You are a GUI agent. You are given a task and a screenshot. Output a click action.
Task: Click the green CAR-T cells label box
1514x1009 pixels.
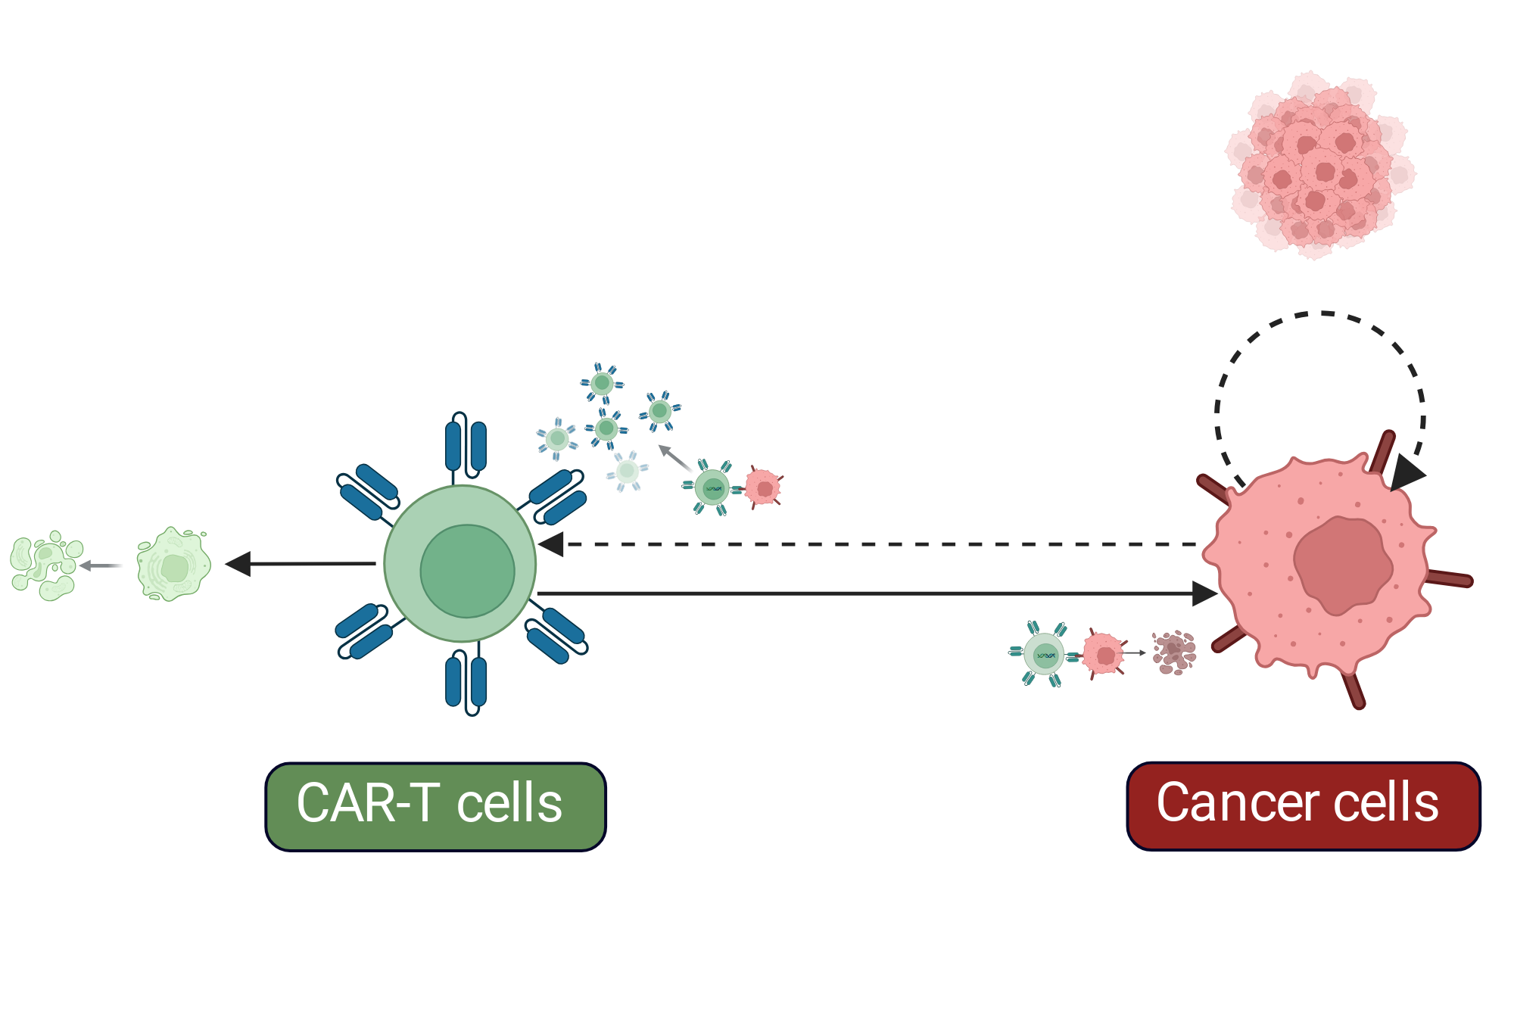coord(435,807)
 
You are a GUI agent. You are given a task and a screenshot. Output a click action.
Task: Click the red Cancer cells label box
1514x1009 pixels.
coord(1304,806)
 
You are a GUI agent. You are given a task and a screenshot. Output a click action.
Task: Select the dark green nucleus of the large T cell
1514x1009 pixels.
coord(468,571)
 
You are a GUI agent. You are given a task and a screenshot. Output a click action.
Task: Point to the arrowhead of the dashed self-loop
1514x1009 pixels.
coord(1407,472)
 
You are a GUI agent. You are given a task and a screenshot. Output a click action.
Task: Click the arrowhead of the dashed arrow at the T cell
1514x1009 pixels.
coord(551,544)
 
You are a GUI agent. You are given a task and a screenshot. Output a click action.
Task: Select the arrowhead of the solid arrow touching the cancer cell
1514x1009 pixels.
coord(1204,593)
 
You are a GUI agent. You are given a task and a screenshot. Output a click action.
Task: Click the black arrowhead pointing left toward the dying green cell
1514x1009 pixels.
coord(238,564)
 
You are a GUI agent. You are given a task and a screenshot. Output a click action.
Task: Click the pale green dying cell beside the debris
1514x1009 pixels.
coord(173,565)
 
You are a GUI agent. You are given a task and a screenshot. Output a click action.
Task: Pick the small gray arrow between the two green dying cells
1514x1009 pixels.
coord(101,565)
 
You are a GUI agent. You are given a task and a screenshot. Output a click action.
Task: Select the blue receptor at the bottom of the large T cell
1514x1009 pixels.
coord(466,682)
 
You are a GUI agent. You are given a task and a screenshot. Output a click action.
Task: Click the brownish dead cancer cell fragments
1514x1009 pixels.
coord(1174,652)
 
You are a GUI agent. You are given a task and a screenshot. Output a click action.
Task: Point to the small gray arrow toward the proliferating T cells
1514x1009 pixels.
coord(675,458)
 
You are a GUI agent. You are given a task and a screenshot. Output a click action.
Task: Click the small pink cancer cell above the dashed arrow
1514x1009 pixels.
coord(764,487)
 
